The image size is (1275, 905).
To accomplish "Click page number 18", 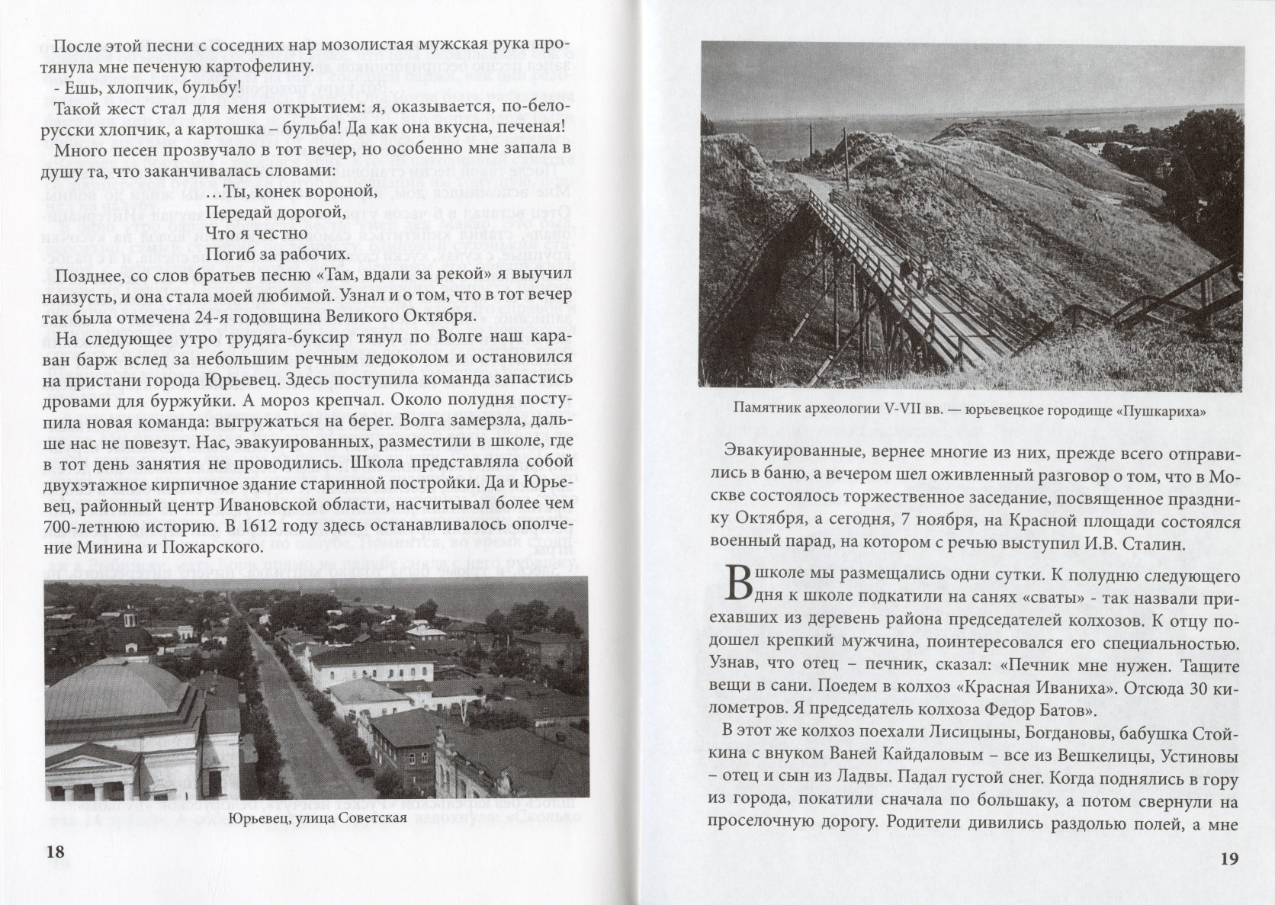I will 56,852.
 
